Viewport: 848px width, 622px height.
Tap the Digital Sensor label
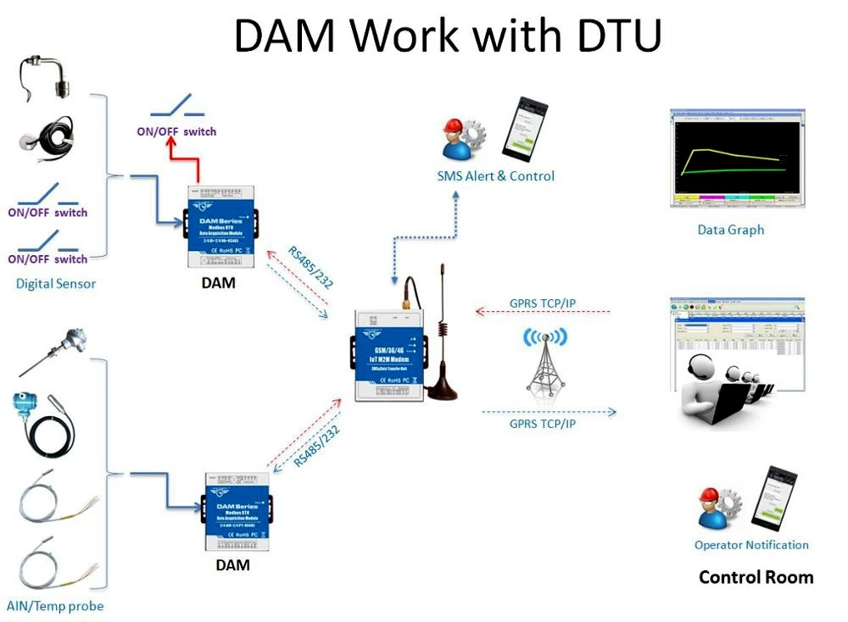coord(56,284)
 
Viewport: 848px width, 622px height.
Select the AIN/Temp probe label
coord(55,606)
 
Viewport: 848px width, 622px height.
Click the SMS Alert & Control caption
coord(495,176)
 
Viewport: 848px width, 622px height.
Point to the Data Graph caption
coord(730,230)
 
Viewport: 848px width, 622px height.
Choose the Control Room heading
coord(756,577)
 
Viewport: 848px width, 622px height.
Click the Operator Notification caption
coord(751,545)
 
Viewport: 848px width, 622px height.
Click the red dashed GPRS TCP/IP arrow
coord(543,312)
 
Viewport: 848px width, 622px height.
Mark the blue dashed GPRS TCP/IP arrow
coord(548,413)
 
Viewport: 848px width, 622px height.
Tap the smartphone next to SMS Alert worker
coord(524,129)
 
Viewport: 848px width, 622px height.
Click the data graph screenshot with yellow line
coord(735,158)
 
